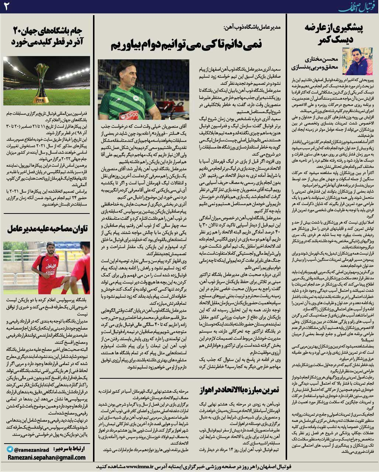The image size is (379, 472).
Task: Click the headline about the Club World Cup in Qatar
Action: click(x=46, y=36)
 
